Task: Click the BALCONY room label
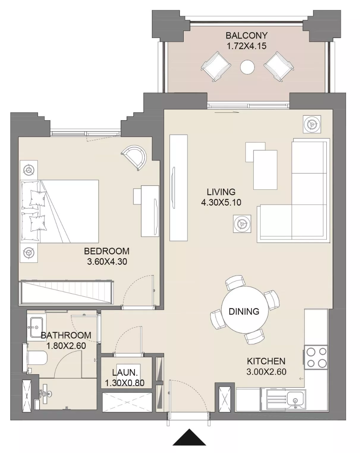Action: pos(247,36)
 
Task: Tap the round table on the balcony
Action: pos(247,67)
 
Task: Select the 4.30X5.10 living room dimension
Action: pos(221,202)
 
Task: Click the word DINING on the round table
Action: pos(244,311)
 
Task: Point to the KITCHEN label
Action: pos(266,361)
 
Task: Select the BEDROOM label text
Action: pos(107,251)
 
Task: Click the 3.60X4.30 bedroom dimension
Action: pos(107,262)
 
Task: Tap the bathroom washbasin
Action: pos(36,328)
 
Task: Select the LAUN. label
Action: pos(125,372)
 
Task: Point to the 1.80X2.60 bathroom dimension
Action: pos(66,346)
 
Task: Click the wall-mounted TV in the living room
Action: pos(173,187)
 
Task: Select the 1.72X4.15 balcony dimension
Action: pos(247,46)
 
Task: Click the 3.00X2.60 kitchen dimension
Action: pos(266,372)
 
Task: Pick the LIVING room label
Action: pos(221,192)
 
